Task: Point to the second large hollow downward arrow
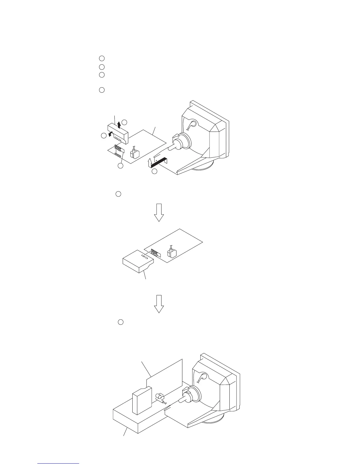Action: pos(159,303)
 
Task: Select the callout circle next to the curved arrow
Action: pos(104,136)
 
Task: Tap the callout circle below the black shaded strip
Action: pos(155,171)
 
